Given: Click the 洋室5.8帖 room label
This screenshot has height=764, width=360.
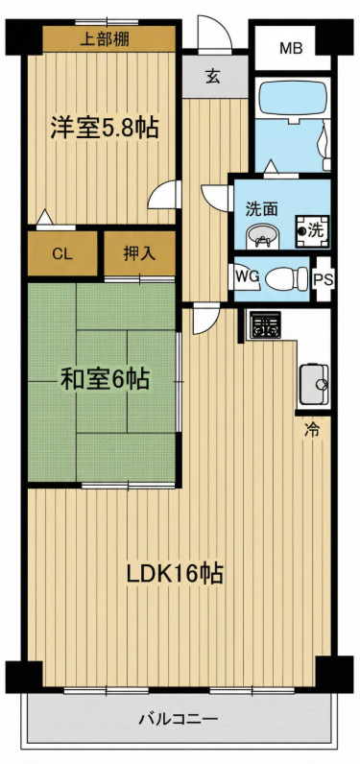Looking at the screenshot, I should (x=104, y=128).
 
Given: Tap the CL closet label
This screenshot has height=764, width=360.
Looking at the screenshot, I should (x=61, y=254).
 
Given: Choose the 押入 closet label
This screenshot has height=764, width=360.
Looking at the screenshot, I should (x=139, y=254).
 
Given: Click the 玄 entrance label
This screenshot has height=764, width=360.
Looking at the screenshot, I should (x=212, y=78).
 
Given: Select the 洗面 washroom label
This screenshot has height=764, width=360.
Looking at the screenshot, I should (x=261, y=207).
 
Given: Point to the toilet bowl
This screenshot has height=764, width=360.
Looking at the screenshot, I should (x=285, y=278).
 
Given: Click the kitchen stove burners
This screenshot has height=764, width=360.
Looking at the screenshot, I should (x=264, y=326).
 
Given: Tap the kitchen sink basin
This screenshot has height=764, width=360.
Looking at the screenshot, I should (x=313, y=385).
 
